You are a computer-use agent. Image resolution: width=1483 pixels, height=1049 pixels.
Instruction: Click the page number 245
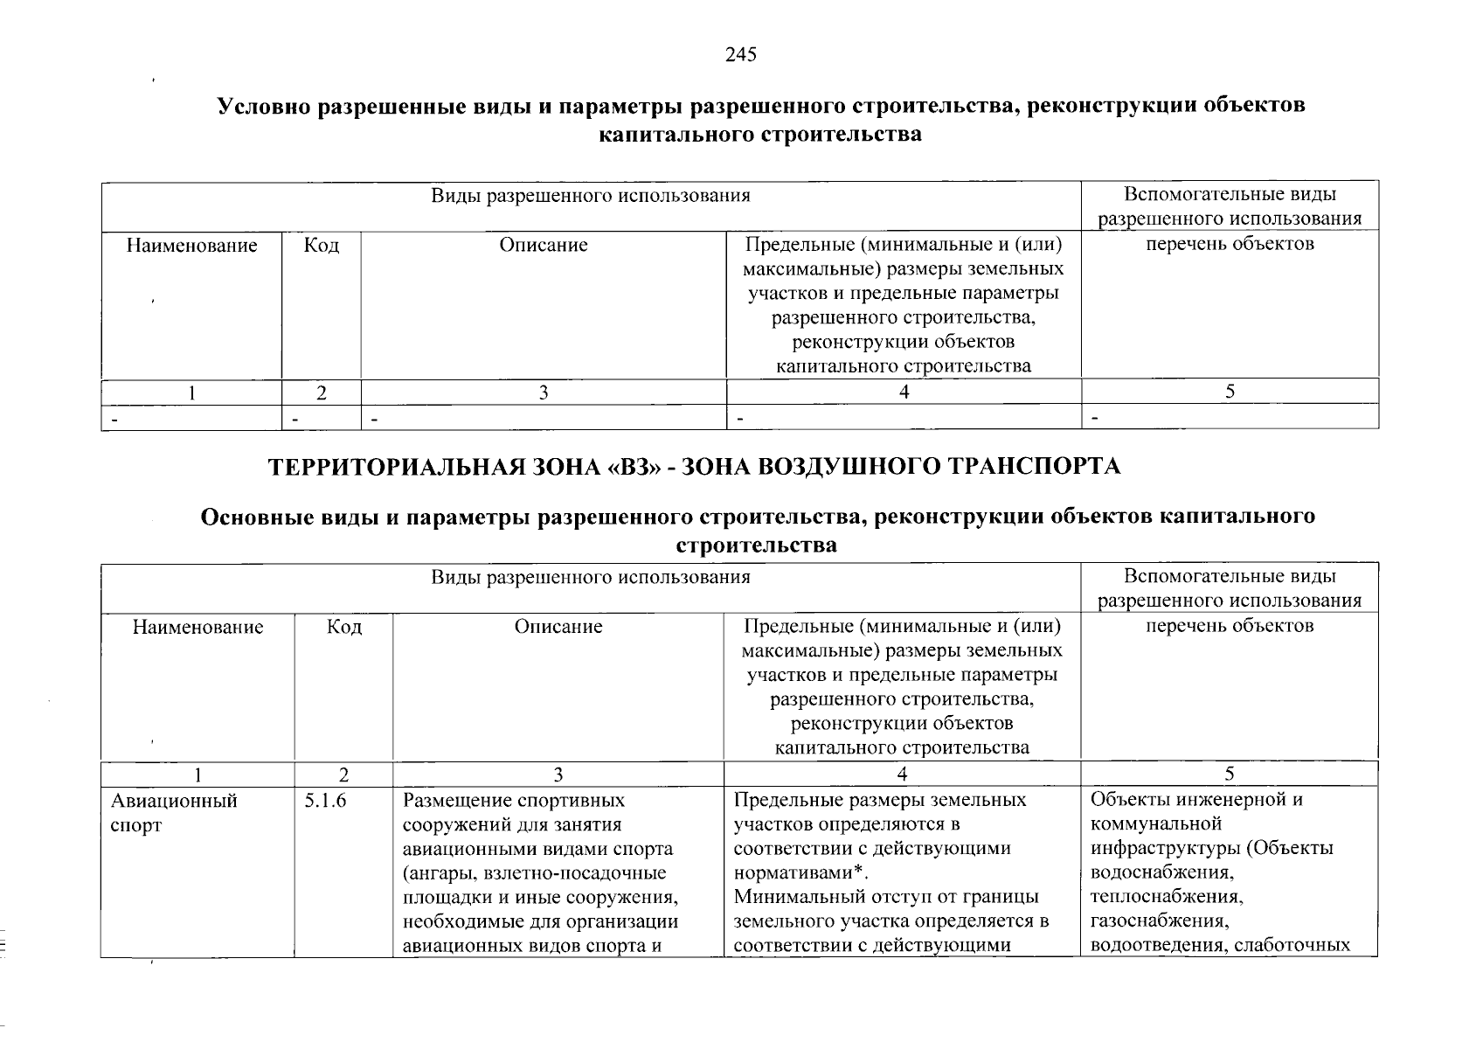740,55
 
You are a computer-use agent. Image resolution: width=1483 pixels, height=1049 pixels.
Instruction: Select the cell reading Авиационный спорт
174,812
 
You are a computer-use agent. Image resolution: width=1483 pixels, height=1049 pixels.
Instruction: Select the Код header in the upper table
321,245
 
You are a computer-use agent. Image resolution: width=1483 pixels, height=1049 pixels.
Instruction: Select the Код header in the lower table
343,627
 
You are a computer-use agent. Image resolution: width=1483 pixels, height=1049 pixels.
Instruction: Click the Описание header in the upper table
543,245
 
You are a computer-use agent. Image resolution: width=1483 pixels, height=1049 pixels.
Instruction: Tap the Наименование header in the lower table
198,627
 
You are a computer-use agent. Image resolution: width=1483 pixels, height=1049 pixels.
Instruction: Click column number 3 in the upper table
543,393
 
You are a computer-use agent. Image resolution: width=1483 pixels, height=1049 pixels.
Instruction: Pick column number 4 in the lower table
902,774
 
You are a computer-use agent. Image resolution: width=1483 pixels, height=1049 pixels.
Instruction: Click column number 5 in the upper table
1229,393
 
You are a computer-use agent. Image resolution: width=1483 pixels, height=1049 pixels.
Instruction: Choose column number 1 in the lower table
198,774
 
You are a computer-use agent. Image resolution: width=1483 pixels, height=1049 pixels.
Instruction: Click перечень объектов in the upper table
1229,244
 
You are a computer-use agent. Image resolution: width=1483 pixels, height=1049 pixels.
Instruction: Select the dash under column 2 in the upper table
295,419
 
